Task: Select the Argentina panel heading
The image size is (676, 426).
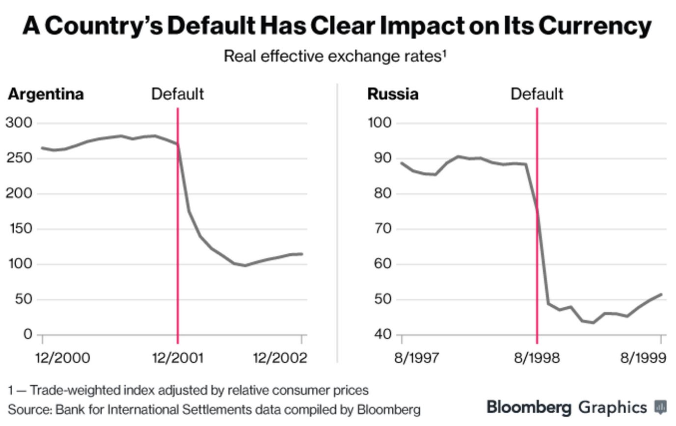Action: (x=46, y=94)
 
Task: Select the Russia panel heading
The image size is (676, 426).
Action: (x=393, y=94)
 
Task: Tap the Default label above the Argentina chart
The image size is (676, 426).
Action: (x=177, y=94)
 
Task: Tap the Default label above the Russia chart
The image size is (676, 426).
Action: (x=537, y=94)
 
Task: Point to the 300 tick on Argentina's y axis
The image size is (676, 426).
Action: (x=19, y=123)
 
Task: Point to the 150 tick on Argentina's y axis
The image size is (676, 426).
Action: (x=19, y=229)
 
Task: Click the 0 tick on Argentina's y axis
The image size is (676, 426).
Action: (x=27, y=335)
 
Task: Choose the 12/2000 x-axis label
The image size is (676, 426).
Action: (x=62, y=358)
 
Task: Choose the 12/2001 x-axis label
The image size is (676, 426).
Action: (x=177, y=358)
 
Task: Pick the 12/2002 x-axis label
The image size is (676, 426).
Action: (x=280, y=358)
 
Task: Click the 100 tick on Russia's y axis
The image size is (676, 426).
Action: (x=379, y=123)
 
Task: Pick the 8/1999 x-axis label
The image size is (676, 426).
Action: (x=643, y=358)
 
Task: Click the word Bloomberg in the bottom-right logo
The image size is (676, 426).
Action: (x=529, y=407)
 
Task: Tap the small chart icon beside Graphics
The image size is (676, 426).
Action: (x=661, y=407)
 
